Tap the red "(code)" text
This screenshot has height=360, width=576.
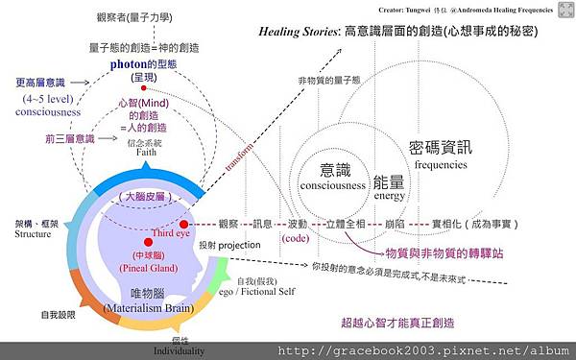pyautogui.click(x=296, y=236)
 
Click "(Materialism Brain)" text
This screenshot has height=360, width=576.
pyautogui.click(x=151, y=309)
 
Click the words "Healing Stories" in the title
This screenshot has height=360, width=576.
pyautogui.click(x=297, y=32)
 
